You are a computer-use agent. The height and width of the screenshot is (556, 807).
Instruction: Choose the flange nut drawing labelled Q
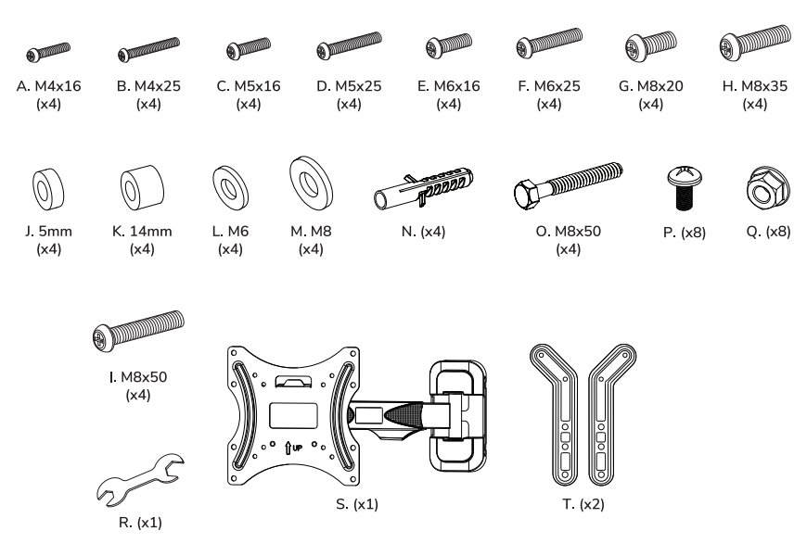pos(767,188)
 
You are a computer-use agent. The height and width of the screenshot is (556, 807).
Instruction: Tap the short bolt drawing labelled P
pos(687,187)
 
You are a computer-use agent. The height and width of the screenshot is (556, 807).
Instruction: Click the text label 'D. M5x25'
pos(349,86)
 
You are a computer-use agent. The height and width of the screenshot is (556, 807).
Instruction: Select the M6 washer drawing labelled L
pos(229,189)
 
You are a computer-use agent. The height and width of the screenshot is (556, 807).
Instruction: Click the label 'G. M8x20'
pos(651,86)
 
